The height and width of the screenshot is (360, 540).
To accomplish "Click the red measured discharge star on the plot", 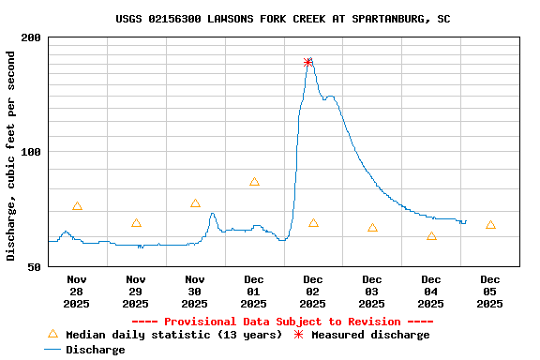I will (308, 63).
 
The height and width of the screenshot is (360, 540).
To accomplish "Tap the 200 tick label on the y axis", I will (31, 37).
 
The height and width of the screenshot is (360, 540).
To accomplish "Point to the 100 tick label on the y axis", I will (31, 152).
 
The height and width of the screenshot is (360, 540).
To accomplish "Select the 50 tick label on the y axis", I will (35, 267).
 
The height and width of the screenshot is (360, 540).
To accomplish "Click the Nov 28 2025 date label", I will (77, 291).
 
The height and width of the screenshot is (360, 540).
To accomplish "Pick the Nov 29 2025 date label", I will (136, 291).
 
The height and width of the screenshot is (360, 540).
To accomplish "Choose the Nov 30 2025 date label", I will (195, 291).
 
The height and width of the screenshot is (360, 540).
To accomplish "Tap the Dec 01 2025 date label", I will (254, 291).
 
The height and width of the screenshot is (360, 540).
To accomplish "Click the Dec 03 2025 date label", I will (372, 291).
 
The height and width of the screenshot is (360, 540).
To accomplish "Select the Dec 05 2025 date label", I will (490, 291).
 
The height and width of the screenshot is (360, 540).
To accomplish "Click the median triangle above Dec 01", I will (254, 182).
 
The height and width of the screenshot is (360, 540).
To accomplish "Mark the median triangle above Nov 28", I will (77, 206).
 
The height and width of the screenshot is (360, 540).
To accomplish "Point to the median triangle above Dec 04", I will (431, 236).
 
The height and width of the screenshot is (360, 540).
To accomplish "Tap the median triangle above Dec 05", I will (490, 225).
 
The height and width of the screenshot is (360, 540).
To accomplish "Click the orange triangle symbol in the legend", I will (52, 334).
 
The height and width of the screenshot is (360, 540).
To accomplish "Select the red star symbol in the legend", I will (299, 335).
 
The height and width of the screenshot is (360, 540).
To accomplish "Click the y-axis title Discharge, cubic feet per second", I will (11, 156).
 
